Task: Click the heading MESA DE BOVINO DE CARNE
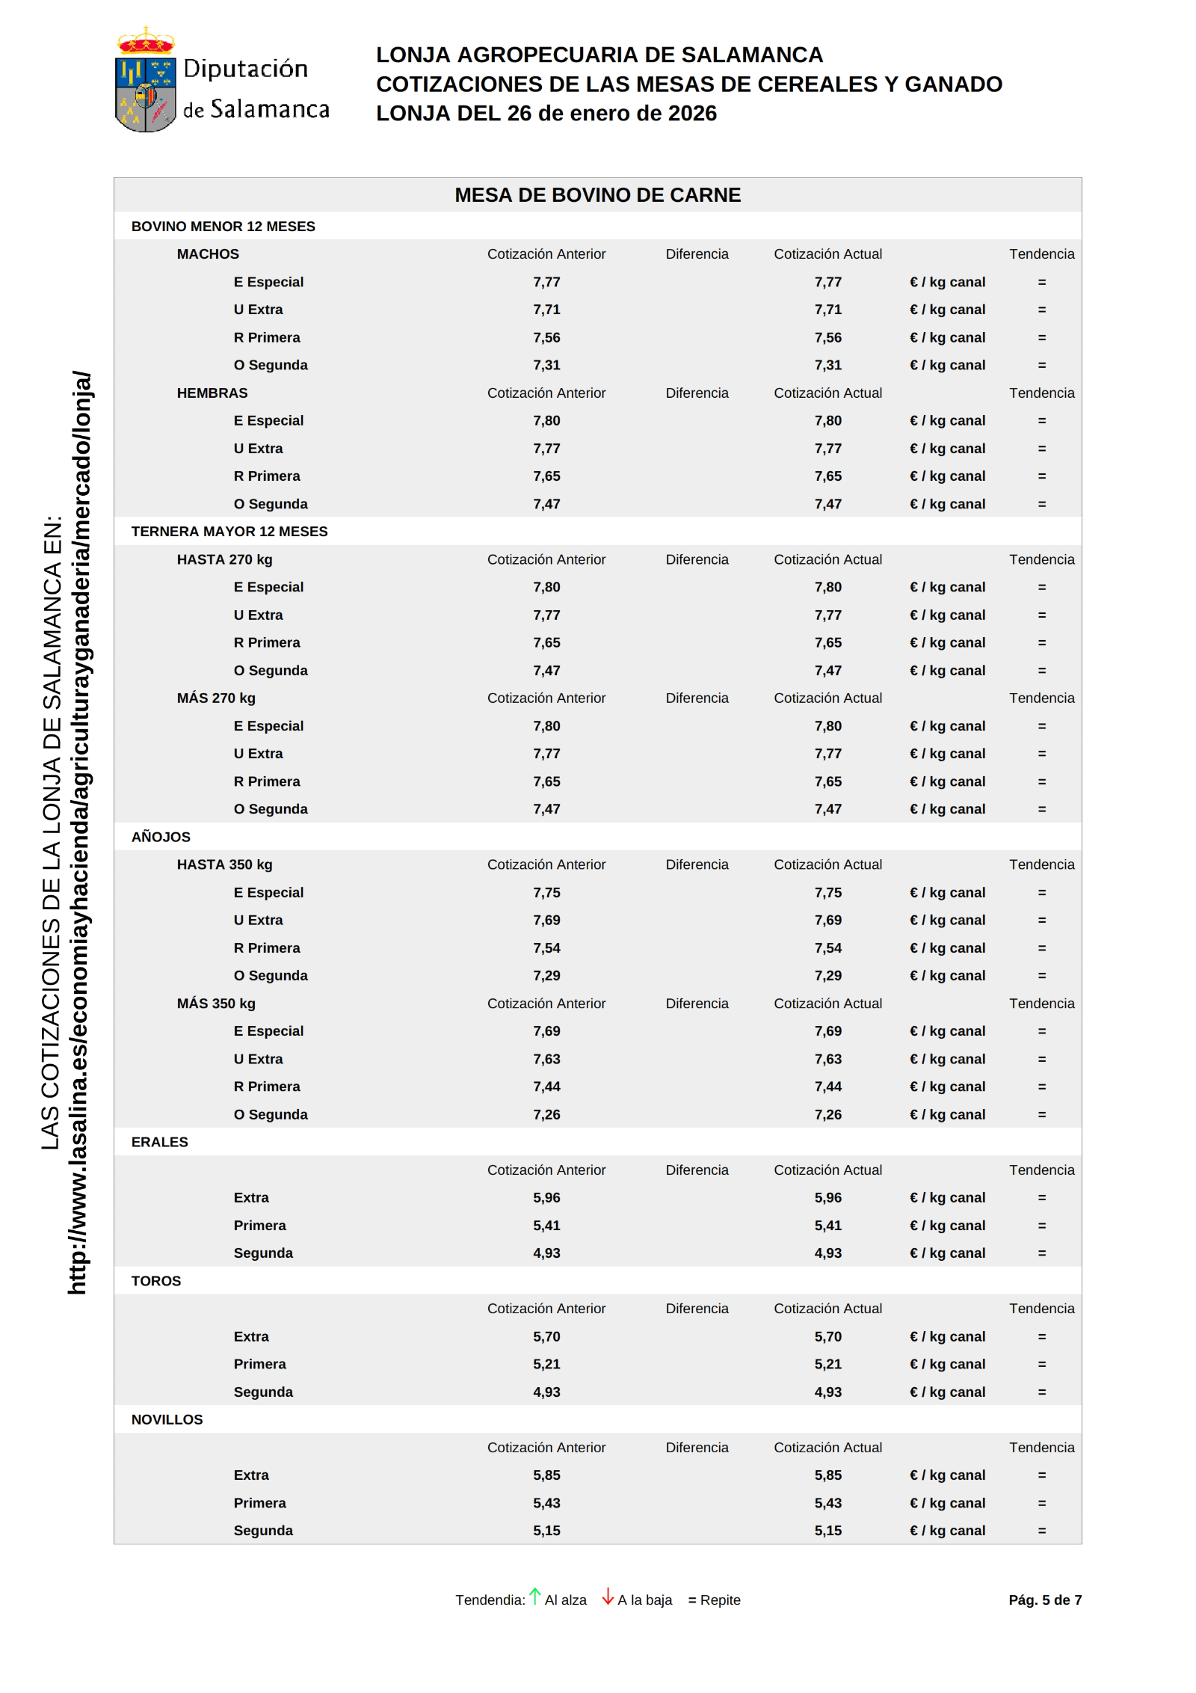[597, 195]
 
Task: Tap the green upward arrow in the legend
[535, 1596]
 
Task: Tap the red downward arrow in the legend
[608, 1597]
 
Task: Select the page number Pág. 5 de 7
[1044, 1600]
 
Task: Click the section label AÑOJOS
[161, 837]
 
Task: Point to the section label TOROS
[156, 1281]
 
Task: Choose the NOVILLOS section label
[167, 1419]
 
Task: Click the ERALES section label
[159, 1142]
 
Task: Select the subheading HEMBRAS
[212, 393]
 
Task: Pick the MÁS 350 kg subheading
[216, 1004]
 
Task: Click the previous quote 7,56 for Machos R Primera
[546, 337]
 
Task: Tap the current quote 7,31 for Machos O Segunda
[827, 365]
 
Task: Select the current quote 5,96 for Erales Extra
[827, 1197]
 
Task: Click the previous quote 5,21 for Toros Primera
[546, 1364]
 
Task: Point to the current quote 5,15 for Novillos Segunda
[827, 1531]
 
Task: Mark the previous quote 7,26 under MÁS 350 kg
[546, 1114]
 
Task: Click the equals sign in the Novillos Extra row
[1041, 1475]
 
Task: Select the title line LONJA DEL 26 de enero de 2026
[546, 113]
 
